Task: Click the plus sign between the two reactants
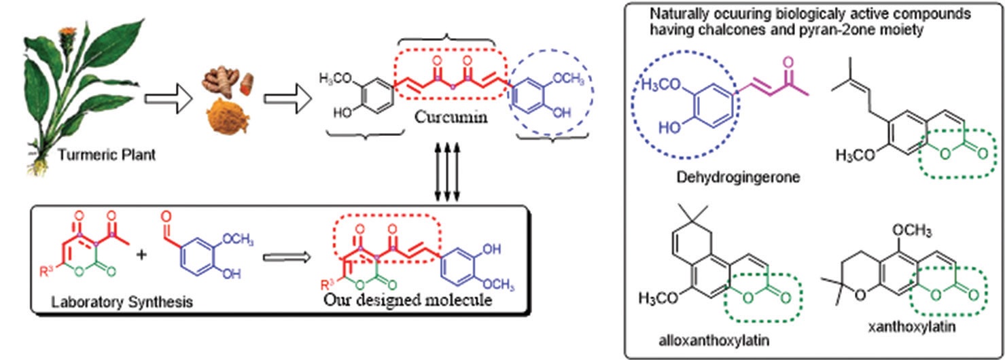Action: point(143,256)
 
